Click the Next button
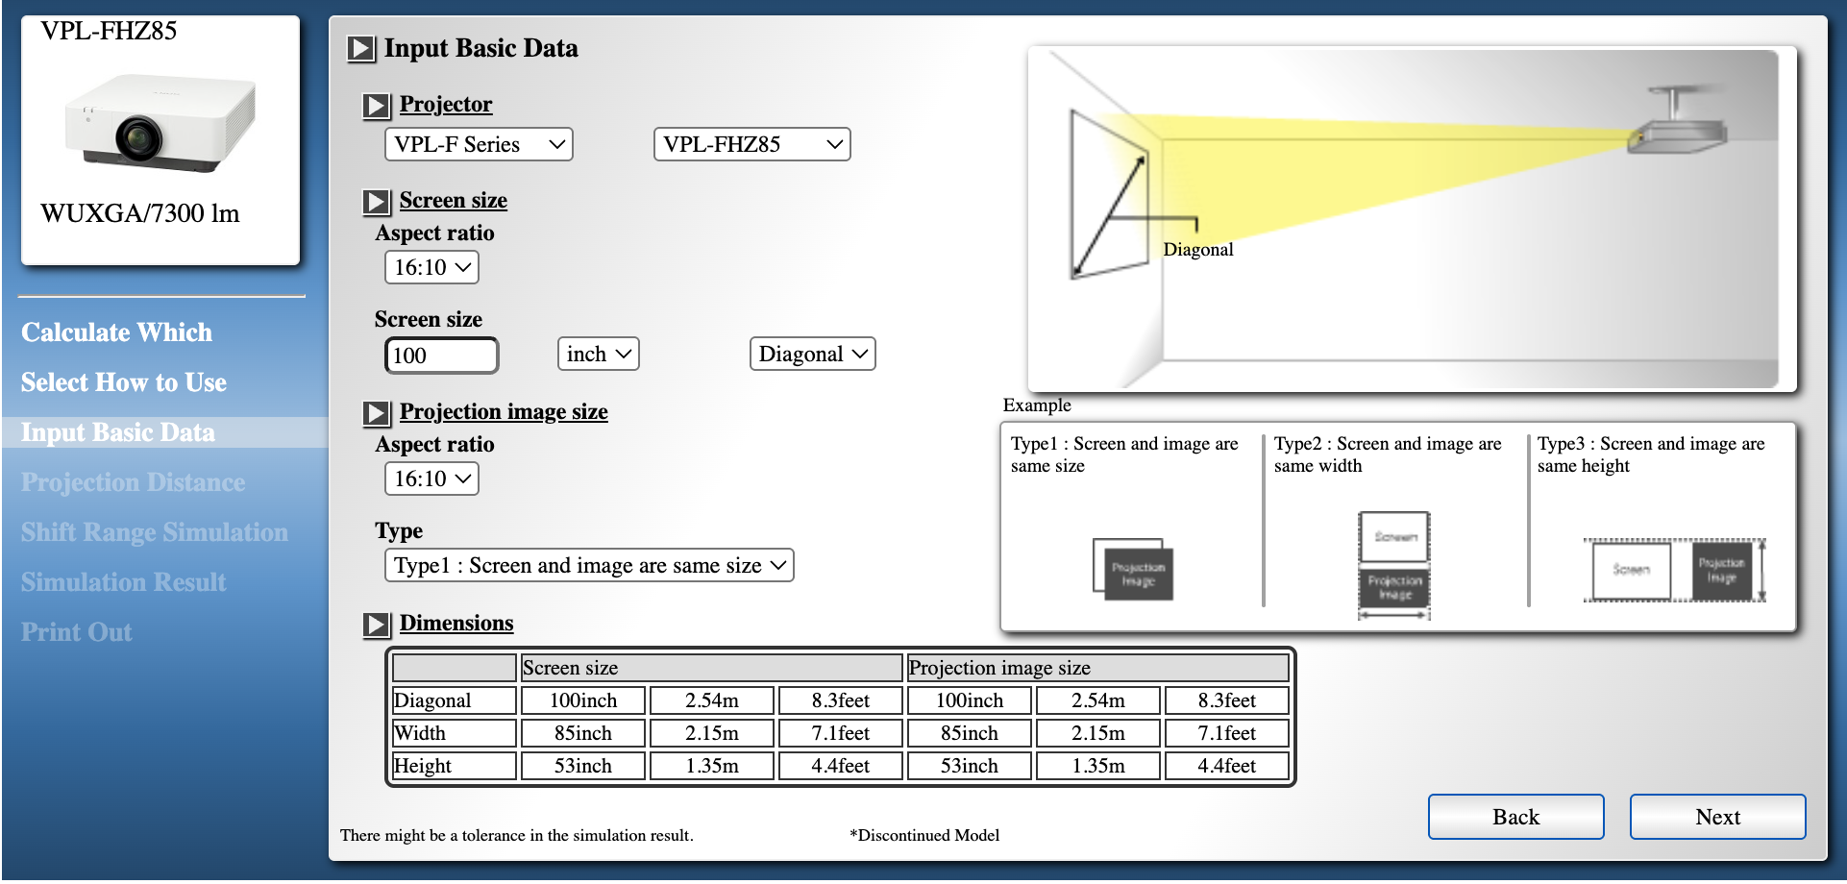[x=1717, y=817]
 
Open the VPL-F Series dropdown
[x=479, y=144]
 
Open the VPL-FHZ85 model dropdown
[x=751, y=144]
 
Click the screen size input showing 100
[x=441, y=356]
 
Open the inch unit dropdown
[x=598, y=354]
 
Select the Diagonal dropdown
[x=812, y=354]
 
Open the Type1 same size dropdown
[x=589, y=565]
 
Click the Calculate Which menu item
[x=117, y=332]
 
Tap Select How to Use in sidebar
[x=124, y=382]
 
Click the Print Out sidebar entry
[x=77, y=632]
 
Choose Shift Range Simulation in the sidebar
[x=155, y=532]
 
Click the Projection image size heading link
[x=504, y=411]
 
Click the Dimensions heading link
[x=456, y=623]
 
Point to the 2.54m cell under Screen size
[x=711, y=700]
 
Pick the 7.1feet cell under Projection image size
[x=1226, y=733]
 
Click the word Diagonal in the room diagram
[x=1197, y=250]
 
